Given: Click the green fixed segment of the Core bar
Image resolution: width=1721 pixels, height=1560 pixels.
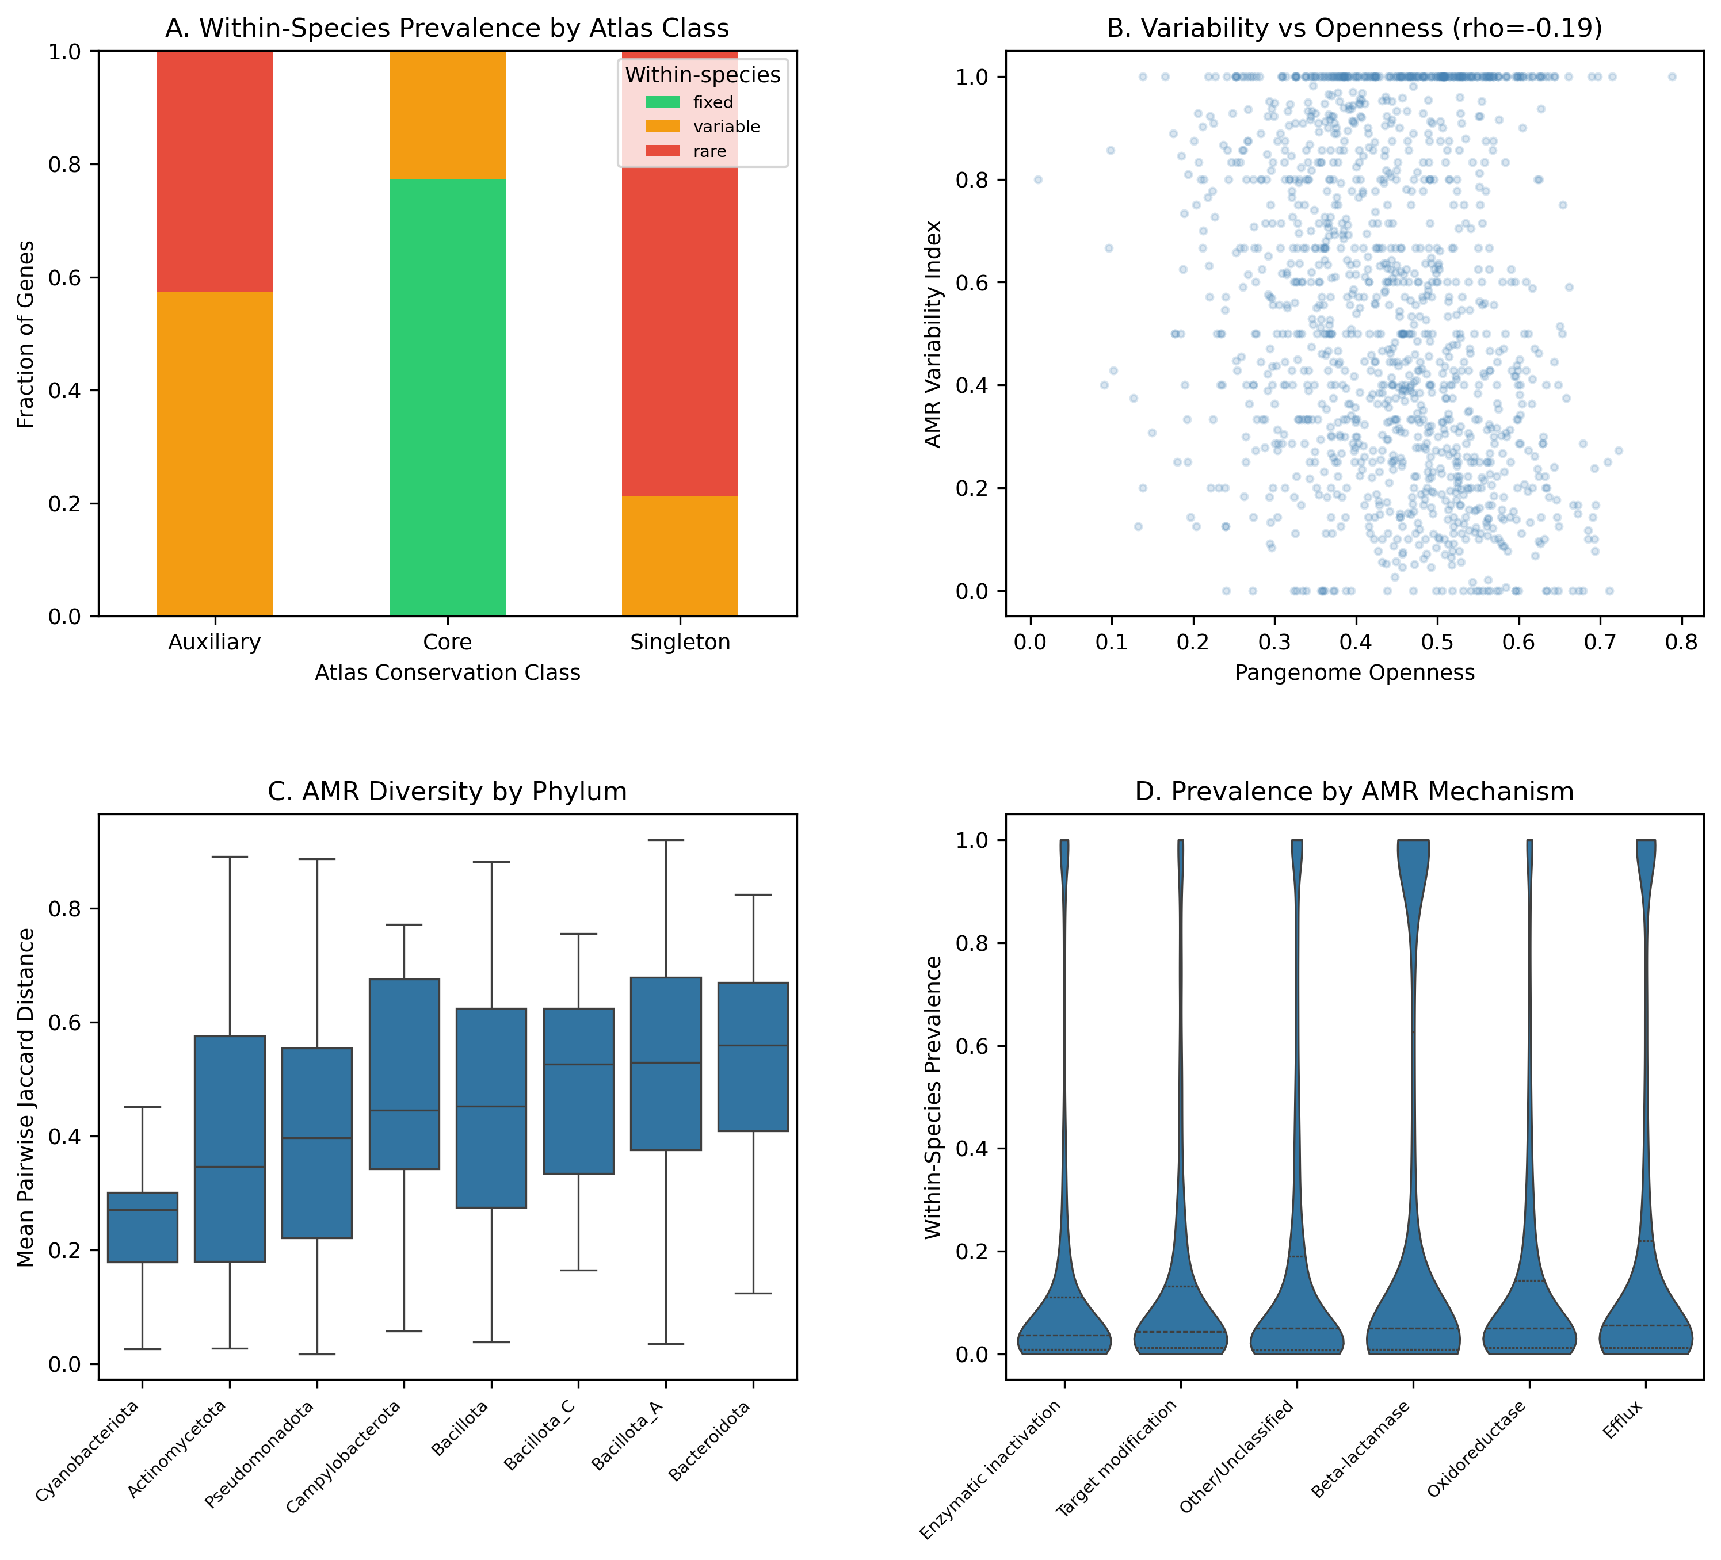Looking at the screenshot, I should tap(447, 397).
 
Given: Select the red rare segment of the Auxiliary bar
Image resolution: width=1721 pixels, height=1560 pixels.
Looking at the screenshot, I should tap(215, 171).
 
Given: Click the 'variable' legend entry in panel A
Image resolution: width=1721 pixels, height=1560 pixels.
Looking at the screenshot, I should tap(726, 127).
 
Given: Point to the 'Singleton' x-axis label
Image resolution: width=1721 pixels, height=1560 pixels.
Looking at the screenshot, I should tap(680, 643).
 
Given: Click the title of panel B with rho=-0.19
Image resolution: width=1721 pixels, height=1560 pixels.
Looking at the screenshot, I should tap(1354, 28).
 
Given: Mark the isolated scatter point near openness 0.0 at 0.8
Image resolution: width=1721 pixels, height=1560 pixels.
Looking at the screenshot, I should tap(1038, 180).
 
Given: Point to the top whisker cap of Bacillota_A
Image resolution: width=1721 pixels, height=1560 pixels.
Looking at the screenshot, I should tap(666, 840).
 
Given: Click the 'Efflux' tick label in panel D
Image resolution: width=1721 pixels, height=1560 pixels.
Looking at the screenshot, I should tap(1623, 1420).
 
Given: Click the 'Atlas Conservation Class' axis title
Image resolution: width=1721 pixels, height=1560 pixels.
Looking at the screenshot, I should tap(447, 672).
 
